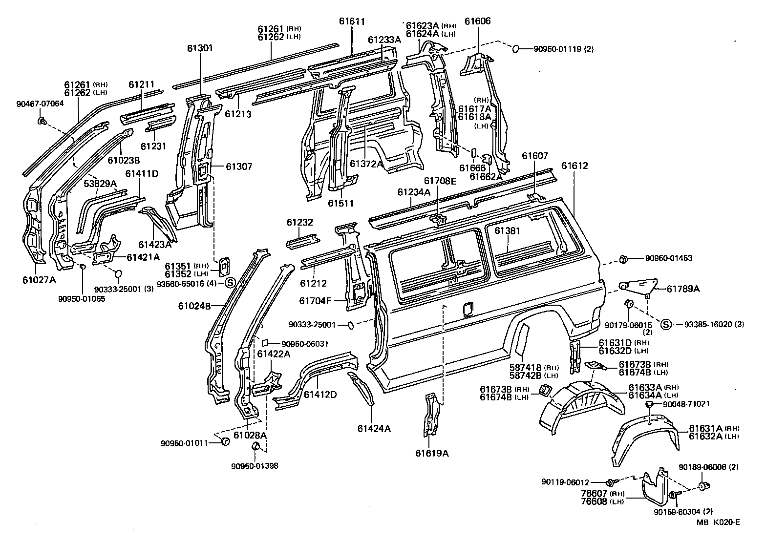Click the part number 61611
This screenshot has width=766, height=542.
click(352, 21)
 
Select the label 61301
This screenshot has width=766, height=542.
click(200, 48)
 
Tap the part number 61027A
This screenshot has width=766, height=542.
click(39, 280)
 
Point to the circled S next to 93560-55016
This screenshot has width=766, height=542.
click(230, 283)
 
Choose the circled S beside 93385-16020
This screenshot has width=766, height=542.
click(665, 324)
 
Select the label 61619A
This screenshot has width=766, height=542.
click(432, 453)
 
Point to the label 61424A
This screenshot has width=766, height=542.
click(374, 429)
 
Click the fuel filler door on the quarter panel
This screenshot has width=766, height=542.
click(468, 309)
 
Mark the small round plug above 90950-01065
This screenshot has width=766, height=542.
click(83, 266)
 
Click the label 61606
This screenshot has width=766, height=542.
click(477, 21)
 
